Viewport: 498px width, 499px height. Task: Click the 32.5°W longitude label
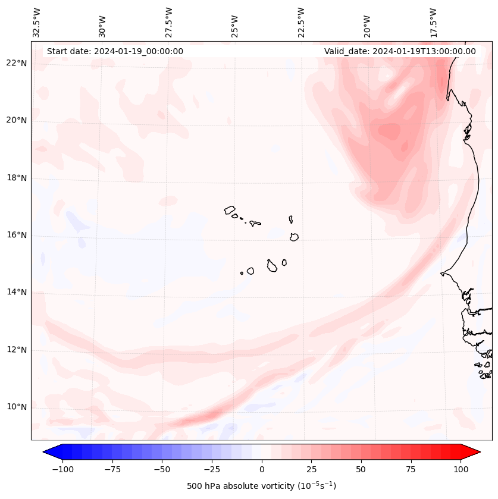pos(37,22)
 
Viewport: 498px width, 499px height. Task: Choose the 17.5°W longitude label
pos(433,22)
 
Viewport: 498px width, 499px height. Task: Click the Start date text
pos(115,51)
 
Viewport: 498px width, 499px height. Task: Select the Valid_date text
pos(400,51)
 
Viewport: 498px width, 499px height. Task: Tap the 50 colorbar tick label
pos(361,469)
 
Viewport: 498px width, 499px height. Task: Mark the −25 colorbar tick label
pos(212,469)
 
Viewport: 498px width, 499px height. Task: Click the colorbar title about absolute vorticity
pos(261,486)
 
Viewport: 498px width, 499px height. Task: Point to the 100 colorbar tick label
pos(461,469)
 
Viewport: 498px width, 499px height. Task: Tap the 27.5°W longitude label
pos(169,22)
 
